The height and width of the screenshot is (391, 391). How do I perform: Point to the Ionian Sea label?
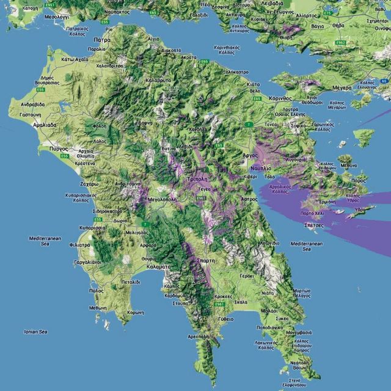click(x=35, y=332)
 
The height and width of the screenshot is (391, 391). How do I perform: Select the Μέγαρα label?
click(x=342, y=87)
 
